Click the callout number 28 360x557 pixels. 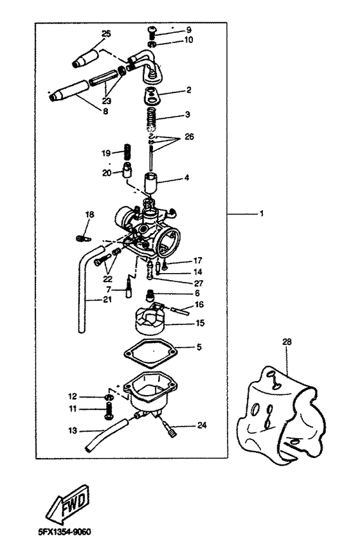coord(286,342)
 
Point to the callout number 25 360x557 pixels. coord(106,32)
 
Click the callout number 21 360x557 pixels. coord(94,300)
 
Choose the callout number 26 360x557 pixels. coord(188,136)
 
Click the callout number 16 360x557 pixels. coord(199,304)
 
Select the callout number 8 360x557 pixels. coord(105,111)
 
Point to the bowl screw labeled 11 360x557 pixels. coord(109,409)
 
